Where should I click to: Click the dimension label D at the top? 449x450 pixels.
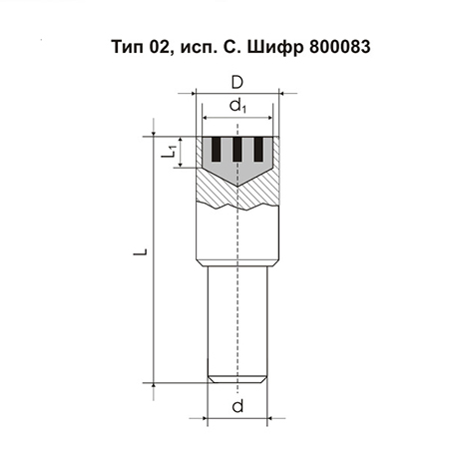237,83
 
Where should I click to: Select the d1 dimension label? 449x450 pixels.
237,107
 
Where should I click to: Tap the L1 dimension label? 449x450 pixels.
169,152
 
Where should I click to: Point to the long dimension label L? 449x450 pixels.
140,251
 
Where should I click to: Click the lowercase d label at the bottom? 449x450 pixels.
237,406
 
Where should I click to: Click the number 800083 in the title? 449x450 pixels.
339,47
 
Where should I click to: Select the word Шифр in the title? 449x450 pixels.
275,47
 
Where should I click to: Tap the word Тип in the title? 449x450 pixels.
128,47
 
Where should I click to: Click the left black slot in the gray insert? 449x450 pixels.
217,150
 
